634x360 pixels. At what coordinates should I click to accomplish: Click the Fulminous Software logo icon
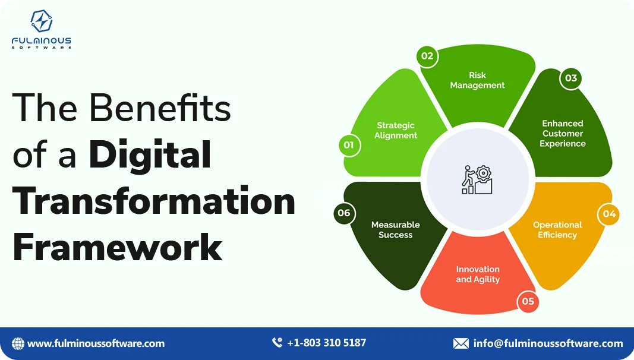(42, 21)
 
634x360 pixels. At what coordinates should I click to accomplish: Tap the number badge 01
(349, 145)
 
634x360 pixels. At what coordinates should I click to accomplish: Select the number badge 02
(427, 56)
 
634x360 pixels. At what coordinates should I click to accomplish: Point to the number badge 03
(570, 78)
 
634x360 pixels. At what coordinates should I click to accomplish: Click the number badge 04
(609, 214)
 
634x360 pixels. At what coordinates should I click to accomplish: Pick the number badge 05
(528, 301)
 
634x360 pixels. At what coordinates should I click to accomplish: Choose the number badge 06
(344, 213)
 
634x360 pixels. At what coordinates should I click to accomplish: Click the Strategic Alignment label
(396, 131)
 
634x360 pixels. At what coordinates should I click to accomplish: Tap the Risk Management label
(477, 80)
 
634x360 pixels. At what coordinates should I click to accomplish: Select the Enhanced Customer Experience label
(563, 134)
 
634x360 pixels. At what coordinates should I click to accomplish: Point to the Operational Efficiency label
(557, 230)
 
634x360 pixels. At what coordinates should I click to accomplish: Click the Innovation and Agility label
(478, 274)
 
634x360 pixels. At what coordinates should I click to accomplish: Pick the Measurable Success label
(396, 230)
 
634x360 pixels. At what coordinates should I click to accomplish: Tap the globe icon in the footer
(18, 343)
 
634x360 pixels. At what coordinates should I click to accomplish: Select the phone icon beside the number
(277, 343)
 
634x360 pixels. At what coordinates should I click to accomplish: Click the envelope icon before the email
(460, 343)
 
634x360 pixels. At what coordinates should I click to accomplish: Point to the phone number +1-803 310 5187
(326, 343)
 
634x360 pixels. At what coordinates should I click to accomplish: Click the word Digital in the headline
(150, 155)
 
